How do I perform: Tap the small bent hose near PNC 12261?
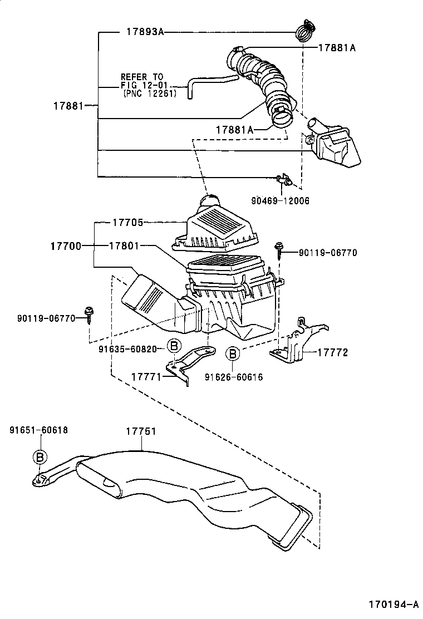pyautogui.click(x=209, y=83)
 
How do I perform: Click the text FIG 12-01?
pyautogui.click(x=142, y=85)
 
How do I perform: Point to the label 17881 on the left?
pyautogui.click(x=68, y=105)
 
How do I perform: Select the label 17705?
pyautogui.click(x=128, y=223)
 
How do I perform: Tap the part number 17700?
pyautogui.click(x=68, y=245)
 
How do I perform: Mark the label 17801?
pyautogui.click(x=124, y=245)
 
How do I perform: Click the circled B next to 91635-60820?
pyautogui.click(x=174, y=346)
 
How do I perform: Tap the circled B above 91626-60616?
pyautogui.click(x=233, y=353)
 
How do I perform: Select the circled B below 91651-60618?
pyautogui.click(x=40, y=457)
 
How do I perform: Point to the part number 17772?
pyautogui.click(x=332, y=352)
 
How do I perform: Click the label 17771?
pyautogui.click(x=146, y=377)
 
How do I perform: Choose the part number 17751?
pyautogui.click(x=140, y=431)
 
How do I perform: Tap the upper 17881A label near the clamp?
pyautogui.click(x=337, y=48)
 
